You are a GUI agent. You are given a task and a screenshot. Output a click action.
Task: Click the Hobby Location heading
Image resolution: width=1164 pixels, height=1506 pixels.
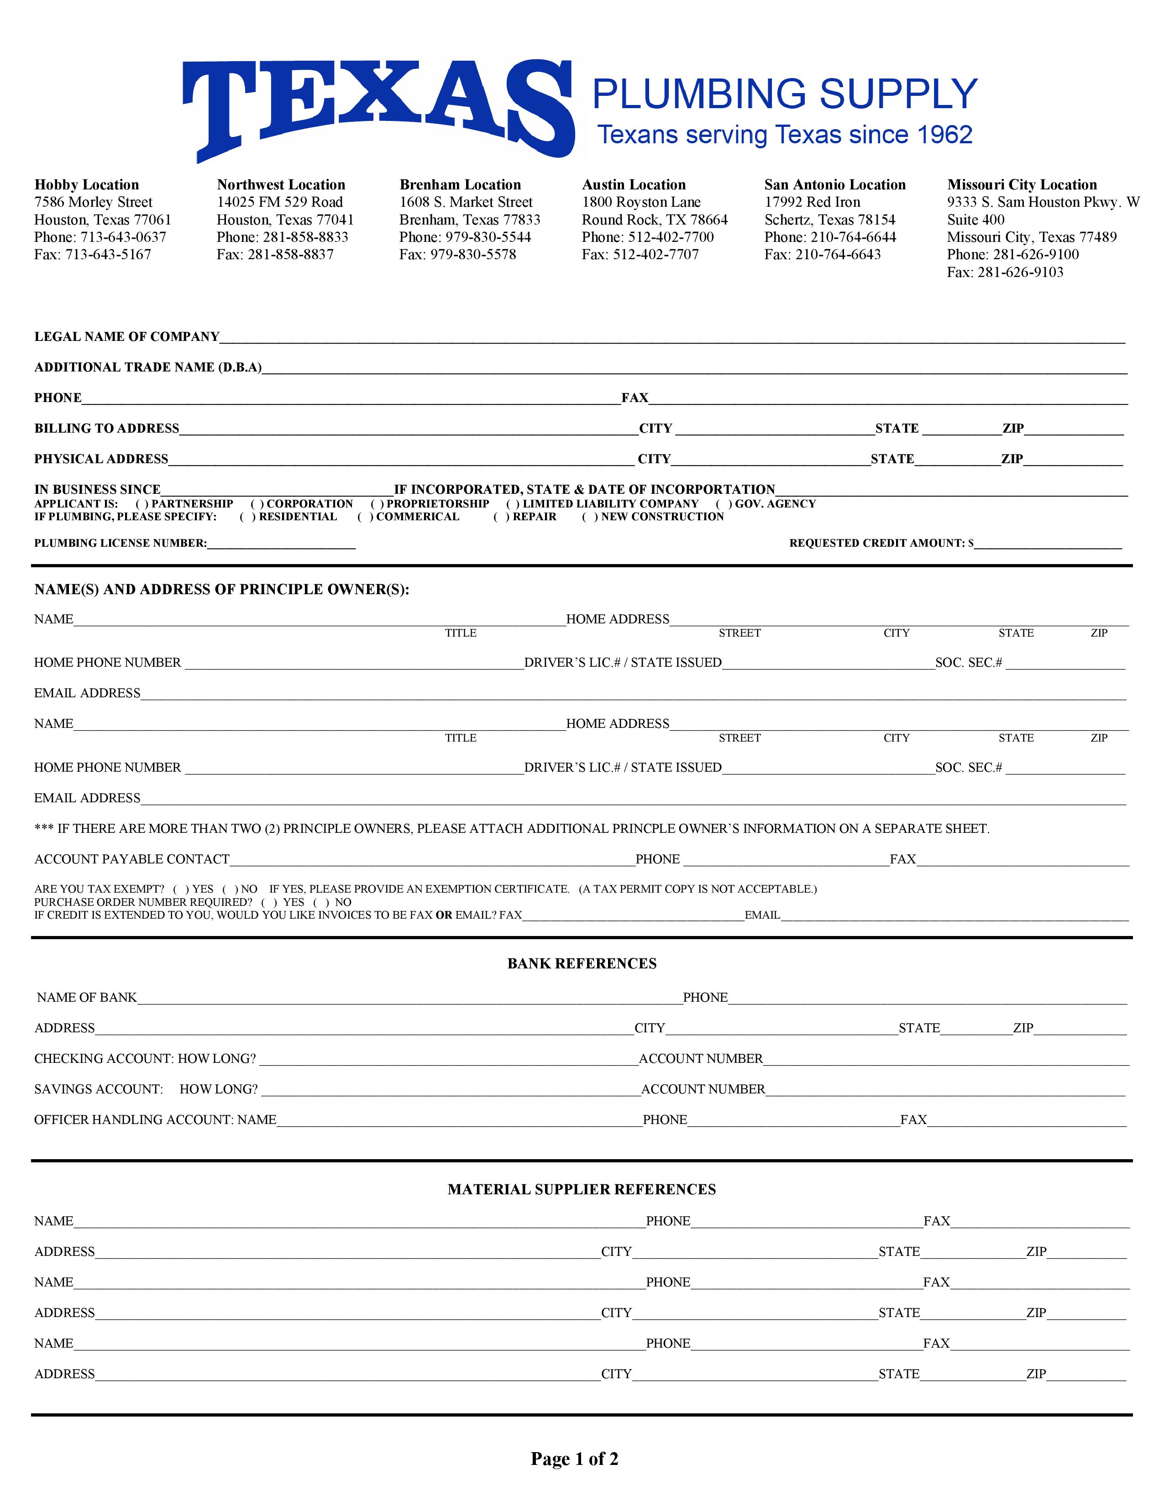(x=87, y=185)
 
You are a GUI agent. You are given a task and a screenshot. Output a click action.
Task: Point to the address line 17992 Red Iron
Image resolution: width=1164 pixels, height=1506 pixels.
(x=813, y=202)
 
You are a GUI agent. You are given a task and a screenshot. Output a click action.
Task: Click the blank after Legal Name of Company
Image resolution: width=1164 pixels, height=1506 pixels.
(x=672, y=337)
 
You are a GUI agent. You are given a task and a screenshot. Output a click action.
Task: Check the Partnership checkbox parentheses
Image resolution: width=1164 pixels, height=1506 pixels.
(x=142, y=504)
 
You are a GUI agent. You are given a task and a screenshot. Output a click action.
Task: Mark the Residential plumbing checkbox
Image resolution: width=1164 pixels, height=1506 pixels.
(x=247, y=517)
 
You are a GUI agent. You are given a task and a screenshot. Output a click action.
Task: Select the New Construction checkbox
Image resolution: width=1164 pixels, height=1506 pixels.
(x=590, y=517)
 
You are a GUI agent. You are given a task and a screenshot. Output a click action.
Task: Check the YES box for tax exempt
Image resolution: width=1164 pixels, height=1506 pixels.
(x=181, y=889)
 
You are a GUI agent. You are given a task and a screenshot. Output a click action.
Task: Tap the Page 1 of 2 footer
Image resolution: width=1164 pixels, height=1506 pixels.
(x=574, y=1459)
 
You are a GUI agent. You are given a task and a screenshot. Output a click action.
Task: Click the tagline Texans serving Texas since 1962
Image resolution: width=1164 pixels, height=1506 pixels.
(x=784, y=135)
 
